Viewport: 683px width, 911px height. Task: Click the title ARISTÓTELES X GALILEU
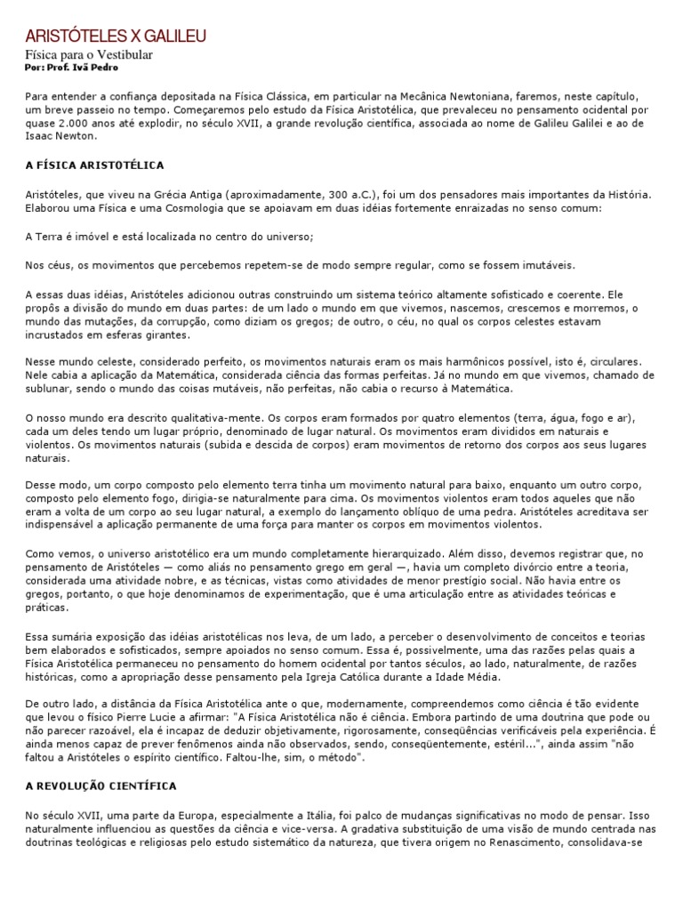(x=116, y=36)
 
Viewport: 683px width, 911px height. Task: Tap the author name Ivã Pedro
(x=102, y=68)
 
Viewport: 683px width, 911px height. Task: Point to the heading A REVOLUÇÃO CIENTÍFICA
(x=100, y=786)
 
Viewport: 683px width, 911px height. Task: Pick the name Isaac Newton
(x=61, y=137)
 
